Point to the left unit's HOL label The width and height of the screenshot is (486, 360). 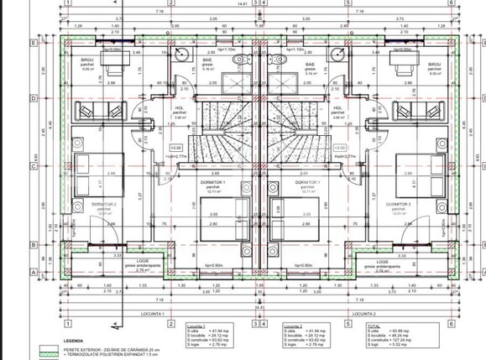tap(178, 108)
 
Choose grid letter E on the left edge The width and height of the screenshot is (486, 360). tap(33, 42)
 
